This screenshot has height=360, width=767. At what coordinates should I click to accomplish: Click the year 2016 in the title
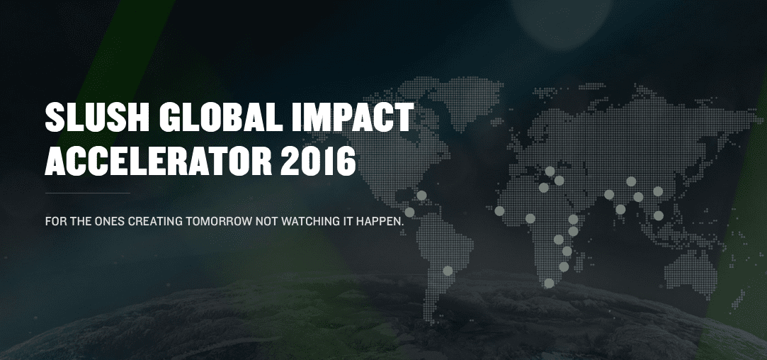319,161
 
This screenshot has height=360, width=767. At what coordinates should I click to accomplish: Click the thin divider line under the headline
88,193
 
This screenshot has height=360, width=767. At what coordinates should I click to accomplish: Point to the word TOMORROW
219,221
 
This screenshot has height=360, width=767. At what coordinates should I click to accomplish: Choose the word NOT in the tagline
266,221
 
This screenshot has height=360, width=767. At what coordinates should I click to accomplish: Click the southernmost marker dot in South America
448,271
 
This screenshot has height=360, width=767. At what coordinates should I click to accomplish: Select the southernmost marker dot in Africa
549,283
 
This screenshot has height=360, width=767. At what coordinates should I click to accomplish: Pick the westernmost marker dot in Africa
499,210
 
